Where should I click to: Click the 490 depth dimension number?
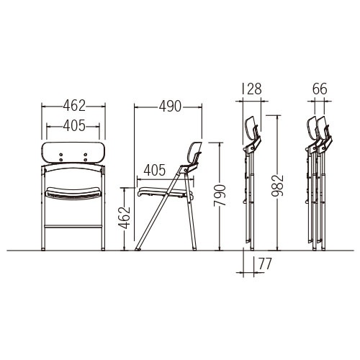[170, 106]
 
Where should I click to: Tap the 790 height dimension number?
[220, 195]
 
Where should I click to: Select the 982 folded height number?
[277, 186]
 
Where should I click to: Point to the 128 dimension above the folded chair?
[252, 89]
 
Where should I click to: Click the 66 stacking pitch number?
[320, 89]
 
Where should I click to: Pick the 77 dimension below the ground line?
[265, 264]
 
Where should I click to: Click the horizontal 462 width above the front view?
[74, 106]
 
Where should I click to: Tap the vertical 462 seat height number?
[124, 217]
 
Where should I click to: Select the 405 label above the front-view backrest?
[74, 125]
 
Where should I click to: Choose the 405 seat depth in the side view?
[155, 170]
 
